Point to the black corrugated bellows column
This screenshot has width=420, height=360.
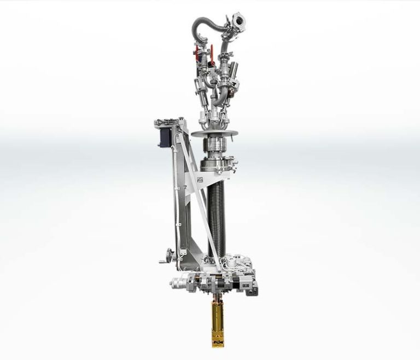click(215, 213)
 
